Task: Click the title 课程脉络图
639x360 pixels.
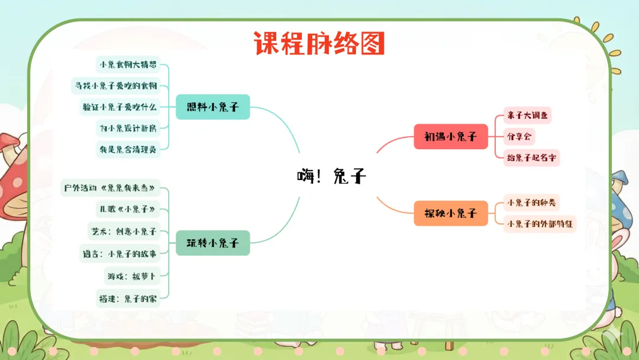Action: (319, 43)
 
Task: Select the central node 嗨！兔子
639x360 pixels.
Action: (331, 176)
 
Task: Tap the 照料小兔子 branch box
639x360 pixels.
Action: (213, 107)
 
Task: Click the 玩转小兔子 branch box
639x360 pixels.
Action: (213, 243)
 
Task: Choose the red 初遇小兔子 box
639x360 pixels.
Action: (451, 136)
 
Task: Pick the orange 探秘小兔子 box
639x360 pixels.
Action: (451, 213)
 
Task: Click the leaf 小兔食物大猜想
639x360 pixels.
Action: (128, 64)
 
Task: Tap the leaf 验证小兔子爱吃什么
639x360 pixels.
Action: (120, 107)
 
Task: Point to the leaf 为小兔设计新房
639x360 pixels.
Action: (128, 128)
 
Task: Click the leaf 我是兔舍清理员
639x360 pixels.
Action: (128, 149)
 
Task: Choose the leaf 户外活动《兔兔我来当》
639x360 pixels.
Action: (111, 188)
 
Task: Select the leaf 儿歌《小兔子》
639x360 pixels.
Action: (128, 209)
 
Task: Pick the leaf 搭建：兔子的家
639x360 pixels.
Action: (128, 298)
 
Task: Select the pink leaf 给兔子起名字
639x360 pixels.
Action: (530, 157)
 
